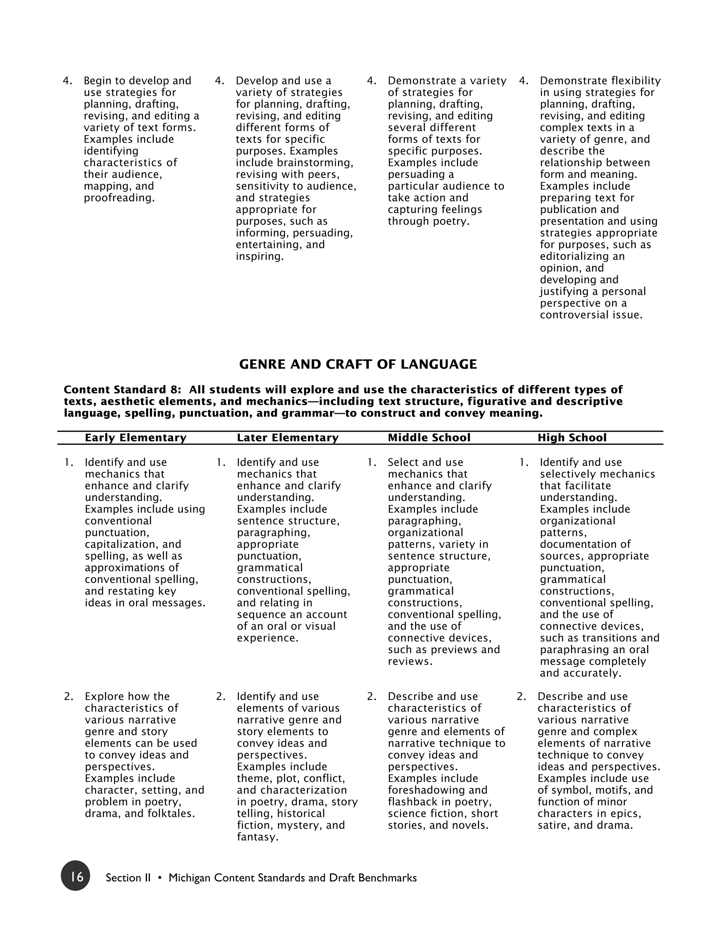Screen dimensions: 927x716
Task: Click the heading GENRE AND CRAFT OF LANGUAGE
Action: [x=358, y=364]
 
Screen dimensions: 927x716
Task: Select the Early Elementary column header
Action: [x=135, y=438]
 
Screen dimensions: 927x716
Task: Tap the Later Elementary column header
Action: [x=288, y=438]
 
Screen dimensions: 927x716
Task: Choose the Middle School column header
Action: [x=429, y=438]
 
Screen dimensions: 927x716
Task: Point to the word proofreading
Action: [x=119, y=198]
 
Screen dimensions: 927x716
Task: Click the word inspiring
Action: [x=259, y=256]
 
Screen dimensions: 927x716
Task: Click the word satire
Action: [x=553, y=825]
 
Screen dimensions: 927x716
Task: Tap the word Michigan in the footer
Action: [x=189, y=878]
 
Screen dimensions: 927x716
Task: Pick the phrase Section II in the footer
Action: [x=128, y=878]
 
